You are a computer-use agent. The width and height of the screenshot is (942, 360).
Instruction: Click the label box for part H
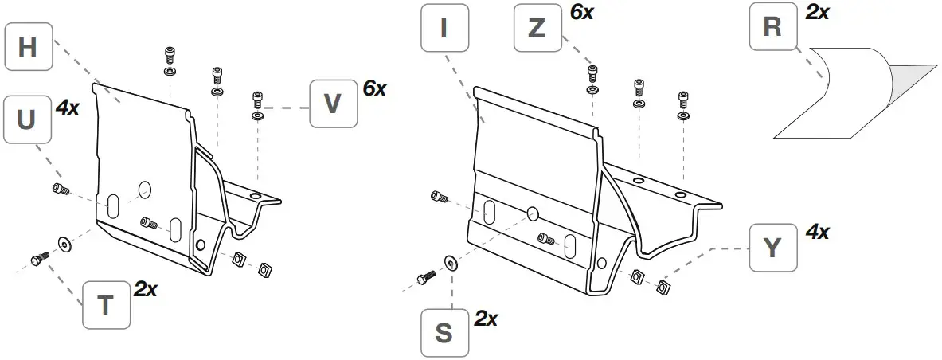pos(28,48)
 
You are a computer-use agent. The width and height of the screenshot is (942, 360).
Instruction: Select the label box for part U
pos(27,119)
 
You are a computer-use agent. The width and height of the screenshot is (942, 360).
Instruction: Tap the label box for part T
pos(107,305)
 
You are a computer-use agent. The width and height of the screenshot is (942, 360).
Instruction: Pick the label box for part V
pos(333,104)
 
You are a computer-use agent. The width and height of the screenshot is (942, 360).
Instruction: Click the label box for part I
pos(444,29)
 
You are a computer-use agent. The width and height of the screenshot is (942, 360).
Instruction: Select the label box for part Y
pos(772,248)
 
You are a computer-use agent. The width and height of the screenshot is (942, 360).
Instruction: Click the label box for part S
pos(444,333)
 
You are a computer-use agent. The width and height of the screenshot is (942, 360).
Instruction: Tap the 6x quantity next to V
pos(374,88)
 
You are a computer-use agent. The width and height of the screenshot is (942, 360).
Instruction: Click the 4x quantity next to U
pos(68,108)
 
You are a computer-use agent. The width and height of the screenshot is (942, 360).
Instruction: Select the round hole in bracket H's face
pos(144,190)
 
